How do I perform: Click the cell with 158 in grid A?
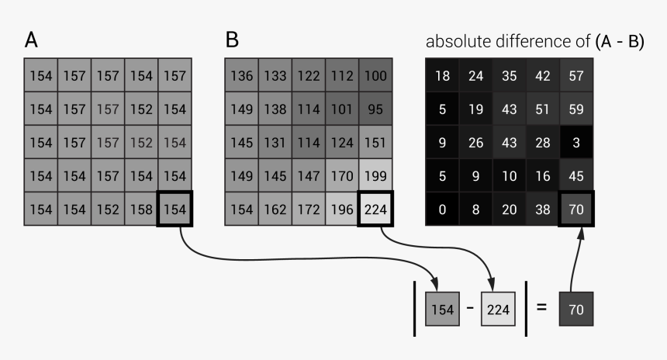(141, 209)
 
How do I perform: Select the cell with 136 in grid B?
(242, 75)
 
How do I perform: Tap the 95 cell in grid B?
(375, 109)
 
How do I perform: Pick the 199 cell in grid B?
(375, 175)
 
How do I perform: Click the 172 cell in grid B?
(309, 209)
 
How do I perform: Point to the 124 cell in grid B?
(342, 142)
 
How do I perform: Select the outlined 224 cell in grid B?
(375, 209)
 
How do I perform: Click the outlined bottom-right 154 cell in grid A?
(175, 209)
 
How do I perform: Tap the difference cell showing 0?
(442, 209)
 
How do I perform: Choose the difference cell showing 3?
(575, 142)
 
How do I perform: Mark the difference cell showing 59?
(575, 109)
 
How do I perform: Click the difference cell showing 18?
(442, 75)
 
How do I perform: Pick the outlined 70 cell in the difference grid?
(575, 209)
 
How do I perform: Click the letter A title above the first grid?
(31, 40)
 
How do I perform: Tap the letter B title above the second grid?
(231, 40)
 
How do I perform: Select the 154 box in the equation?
(442, 309)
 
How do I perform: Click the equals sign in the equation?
(541, 307)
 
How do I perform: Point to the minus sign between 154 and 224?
(470, 309)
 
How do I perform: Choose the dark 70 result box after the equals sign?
(575, 309)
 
